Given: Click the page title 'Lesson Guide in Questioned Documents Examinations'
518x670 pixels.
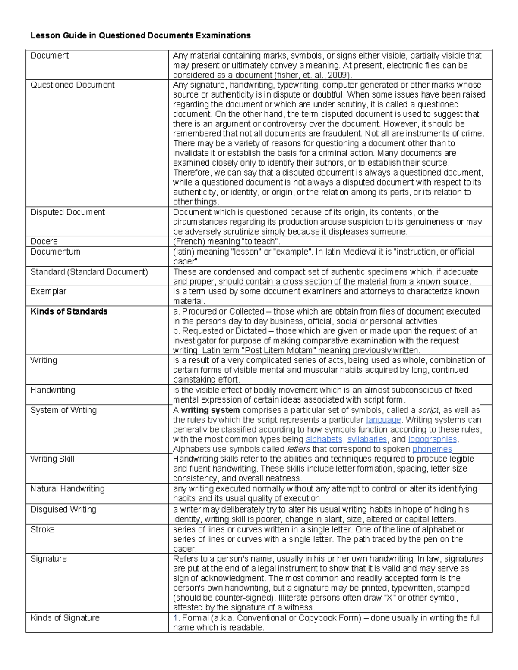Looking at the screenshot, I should point(140,35).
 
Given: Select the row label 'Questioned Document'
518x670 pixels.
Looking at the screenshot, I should point(72,85).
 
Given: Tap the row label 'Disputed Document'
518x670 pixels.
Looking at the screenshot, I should point(67,212).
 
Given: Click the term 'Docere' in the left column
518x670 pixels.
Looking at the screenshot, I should point(44,241).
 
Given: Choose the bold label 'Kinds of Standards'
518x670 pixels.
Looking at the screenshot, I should point(69,311).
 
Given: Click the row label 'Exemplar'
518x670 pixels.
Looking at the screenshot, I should point(48,291).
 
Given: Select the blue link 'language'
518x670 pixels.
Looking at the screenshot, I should point(383,420).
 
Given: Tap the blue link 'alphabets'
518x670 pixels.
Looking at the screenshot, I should point(324,439).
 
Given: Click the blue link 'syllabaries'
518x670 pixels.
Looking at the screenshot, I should point(367,439).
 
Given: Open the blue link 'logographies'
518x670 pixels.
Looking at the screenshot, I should point(432,439).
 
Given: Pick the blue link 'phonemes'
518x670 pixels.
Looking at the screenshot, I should point(432,449).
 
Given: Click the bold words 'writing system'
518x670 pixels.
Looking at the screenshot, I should point(210,410).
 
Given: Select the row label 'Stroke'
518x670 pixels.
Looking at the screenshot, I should point(42,529).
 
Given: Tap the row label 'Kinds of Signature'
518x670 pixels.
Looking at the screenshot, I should point(65,618).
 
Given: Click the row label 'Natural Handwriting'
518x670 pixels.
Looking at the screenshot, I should point(67,489).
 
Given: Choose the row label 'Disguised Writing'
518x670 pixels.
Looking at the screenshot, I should point(63,510).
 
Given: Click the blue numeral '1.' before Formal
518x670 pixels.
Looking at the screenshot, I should point(176,618).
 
